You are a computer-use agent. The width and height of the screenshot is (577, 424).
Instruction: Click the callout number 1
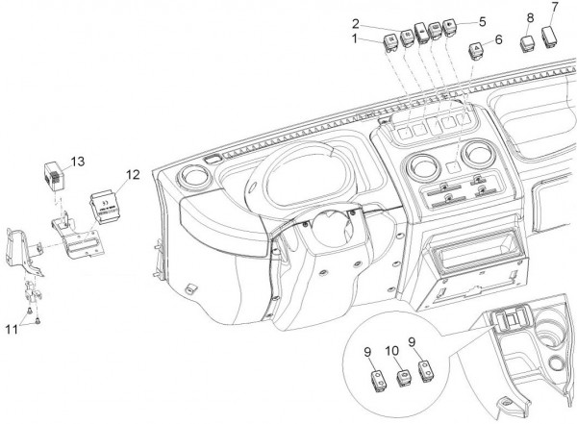355,39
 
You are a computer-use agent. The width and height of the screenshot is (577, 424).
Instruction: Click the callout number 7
554,9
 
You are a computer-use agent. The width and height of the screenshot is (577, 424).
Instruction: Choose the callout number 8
529,19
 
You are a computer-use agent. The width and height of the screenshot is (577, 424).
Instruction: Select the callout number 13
78,161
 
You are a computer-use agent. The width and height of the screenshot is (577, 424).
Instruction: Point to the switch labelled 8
528,43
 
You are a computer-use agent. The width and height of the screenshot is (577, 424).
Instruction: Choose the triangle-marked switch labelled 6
475,50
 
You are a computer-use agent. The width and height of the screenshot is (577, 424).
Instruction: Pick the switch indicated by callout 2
408,36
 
